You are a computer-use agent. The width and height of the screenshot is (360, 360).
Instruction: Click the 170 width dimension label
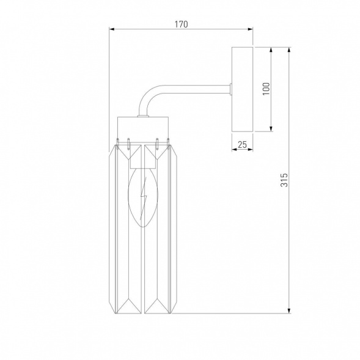tap(180, 24)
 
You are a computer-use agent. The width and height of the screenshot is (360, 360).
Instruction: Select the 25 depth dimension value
tap(242, 144)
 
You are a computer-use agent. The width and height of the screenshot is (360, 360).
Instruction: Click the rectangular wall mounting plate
tap(243, 89)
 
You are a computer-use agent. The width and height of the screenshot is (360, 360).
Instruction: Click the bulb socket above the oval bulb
tap(144, 158)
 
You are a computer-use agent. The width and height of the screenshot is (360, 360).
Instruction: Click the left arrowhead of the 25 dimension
tap(233, 150)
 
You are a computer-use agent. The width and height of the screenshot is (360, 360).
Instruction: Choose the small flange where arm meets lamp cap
tap(142, 116)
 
